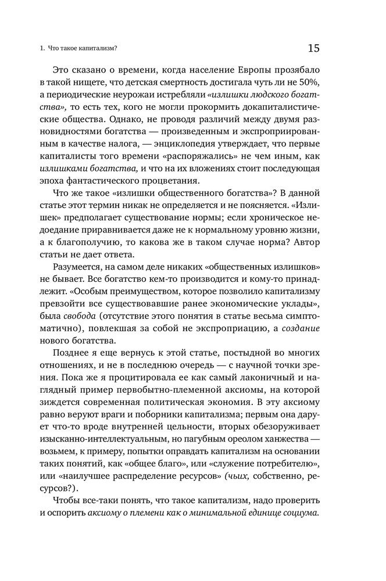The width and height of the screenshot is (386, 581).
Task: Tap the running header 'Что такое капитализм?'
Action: [84, 49]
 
